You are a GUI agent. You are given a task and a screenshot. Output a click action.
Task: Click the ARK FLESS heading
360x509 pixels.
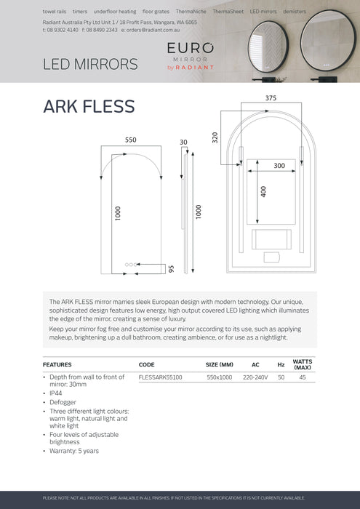[89, 106]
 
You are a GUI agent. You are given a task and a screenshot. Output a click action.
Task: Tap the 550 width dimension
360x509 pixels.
[130, 140]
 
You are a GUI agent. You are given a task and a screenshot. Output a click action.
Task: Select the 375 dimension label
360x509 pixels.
[271, 98]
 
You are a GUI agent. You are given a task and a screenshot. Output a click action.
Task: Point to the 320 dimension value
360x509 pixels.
[215, 137]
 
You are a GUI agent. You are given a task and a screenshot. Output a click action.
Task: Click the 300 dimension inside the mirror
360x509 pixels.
[279, 166]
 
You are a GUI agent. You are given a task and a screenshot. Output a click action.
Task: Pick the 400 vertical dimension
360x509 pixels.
[263, 191]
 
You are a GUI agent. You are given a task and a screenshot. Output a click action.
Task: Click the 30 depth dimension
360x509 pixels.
[183, 142]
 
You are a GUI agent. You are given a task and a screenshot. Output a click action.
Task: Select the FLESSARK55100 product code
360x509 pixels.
[160, 377]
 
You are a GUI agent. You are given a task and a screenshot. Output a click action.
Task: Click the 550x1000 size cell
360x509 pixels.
[219, 377]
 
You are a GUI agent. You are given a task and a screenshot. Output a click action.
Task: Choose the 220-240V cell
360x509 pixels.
[255, 377]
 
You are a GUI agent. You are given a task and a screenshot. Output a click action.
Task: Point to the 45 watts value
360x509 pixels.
[302, 377]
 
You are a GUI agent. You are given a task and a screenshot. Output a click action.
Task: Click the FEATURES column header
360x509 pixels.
[57, 364]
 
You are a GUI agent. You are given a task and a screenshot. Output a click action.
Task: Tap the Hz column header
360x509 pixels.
[281, 364]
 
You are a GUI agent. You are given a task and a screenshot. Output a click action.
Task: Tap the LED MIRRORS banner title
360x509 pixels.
[90, 64]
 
